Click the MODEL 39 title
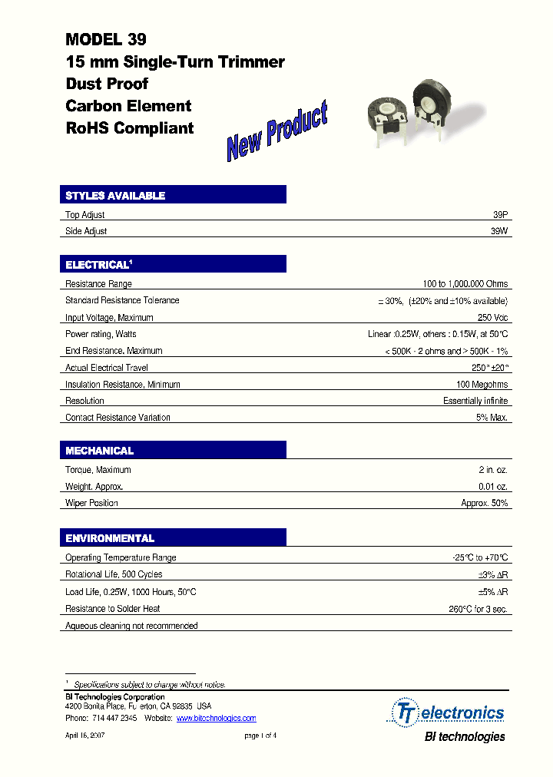click(x=106, y=39)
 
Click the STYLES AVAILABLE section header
click(x=115, y=196)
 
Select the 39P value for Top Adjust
click(x=500, y=215)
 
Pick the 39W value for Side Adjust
click(x=499, y=231)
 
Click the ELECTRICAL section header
click(x=98, y=265)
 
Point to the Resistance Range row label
click(x=98, y=284)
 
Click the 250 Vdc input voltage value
click(x=492, y=317)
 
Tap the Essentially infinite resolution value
click(x=475, y=401)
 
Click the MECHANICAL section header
click(x=100, y=451)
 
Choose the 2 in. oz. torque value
click(x=492, y=470)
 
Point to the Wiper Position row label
click(x=91, y=503)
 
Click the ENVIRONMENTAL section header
click(x=110, y=539)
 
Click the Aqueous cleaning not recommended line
click(x=131, y=626)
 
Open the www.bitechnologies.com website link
click(x=216, y=719)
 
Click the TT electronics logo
click(x=449, y=713)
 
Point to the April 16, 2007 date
click(x=84, y=735)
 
